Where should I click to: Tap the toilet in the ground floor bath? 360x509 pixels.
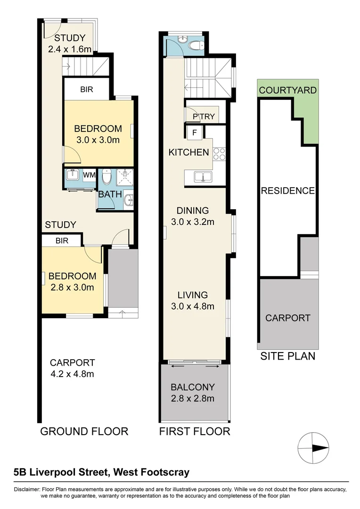point(107,177)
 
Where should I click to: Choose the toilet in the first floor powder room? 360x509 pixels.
point(196,45)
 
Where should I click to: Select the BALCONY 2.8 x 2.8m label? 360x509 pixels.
point(193,393)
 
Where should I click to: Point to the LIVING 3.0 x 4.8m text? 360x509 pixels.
point(193,300)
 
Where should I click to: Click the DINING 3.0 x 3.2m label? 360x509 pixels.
point(193,216)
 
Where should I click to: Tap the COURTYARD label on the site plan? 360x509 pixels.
point(287,90)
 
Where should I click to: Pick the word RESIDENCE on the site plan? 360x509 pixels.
point(287,191)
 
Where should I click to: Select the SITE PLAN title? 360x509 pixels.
point(288,356)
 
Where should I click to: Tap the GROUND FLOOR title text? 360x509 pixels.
point(84,431)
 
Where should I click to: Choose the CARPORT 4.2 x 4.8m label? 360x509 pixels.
point(73,368)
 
